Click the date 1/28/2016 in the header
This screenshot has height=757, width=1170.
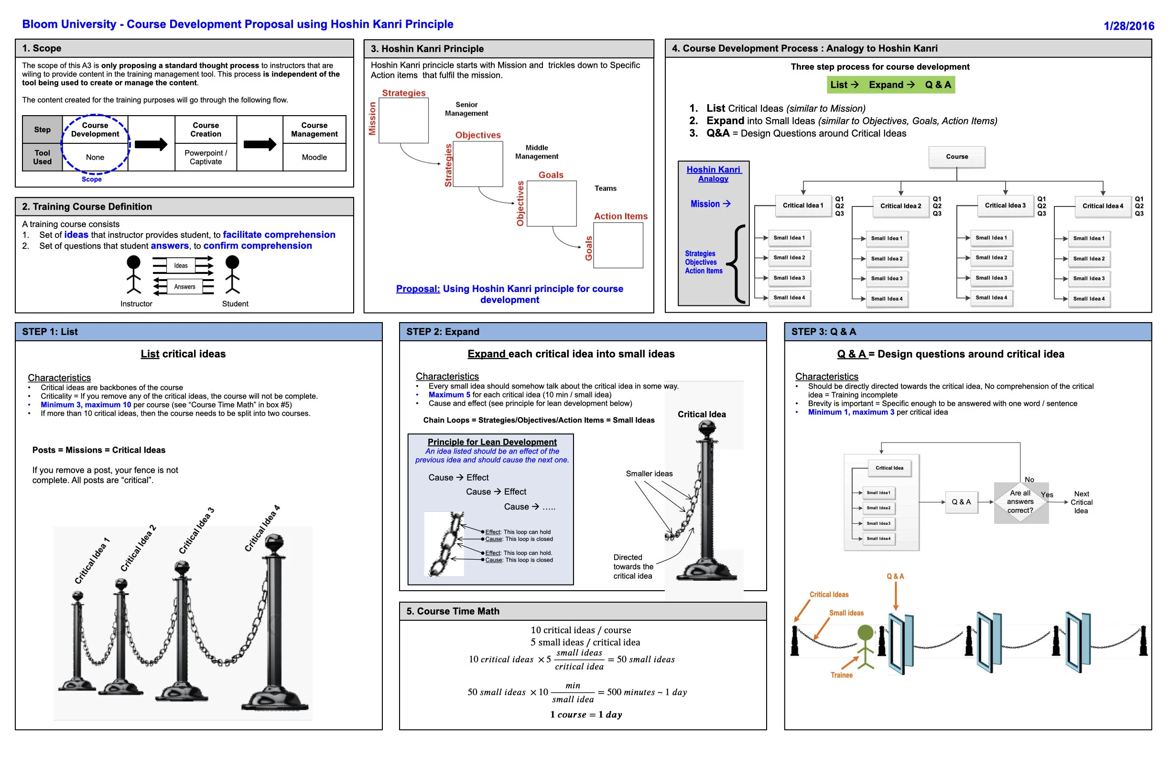point(1128,26)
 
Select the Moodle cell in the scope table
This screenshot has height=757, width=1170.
point(314,157)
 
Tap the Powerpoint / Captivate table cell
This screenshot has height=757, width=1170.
point(206,157)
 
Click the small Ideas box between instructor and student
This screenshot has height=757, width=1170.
point(181,266)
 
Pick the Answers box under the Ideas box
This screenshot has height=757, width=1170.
point(184,287)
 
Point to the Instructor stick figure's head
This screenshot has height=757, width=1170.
point(133,262)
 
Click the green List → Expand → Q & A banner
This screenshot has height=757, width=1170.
point(890,85)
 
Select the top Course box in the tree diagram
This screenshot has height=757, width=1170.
point(957,157)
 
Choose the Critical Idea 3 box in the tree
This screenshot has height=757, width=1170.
point(1005,205)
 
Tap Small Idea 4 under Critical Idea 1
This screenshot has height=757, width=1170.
point(789,298)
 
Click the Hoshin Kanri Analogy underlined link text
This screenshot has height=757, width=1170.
point(713,174)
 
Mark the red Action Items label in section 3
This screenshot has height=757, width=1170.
point(620,216)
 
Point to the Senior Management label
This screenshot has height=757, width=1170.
point(466,109)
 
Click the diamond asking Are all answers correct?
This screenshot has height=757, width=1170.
point(1020,502)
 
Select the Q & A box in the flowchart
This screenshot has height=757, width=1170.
point(961,502)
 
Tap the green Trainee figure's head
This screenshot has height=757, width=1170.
point(865,633)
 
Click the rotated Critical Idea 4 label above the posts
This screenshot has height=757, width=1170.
point(262,529)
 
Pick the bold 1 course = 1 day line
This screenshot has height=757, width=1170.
point(586,715)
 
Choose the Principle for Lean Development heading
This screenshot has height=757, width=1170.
point(492,443)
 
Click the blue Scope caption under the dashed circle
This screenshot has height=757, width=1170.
point(91,179)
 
